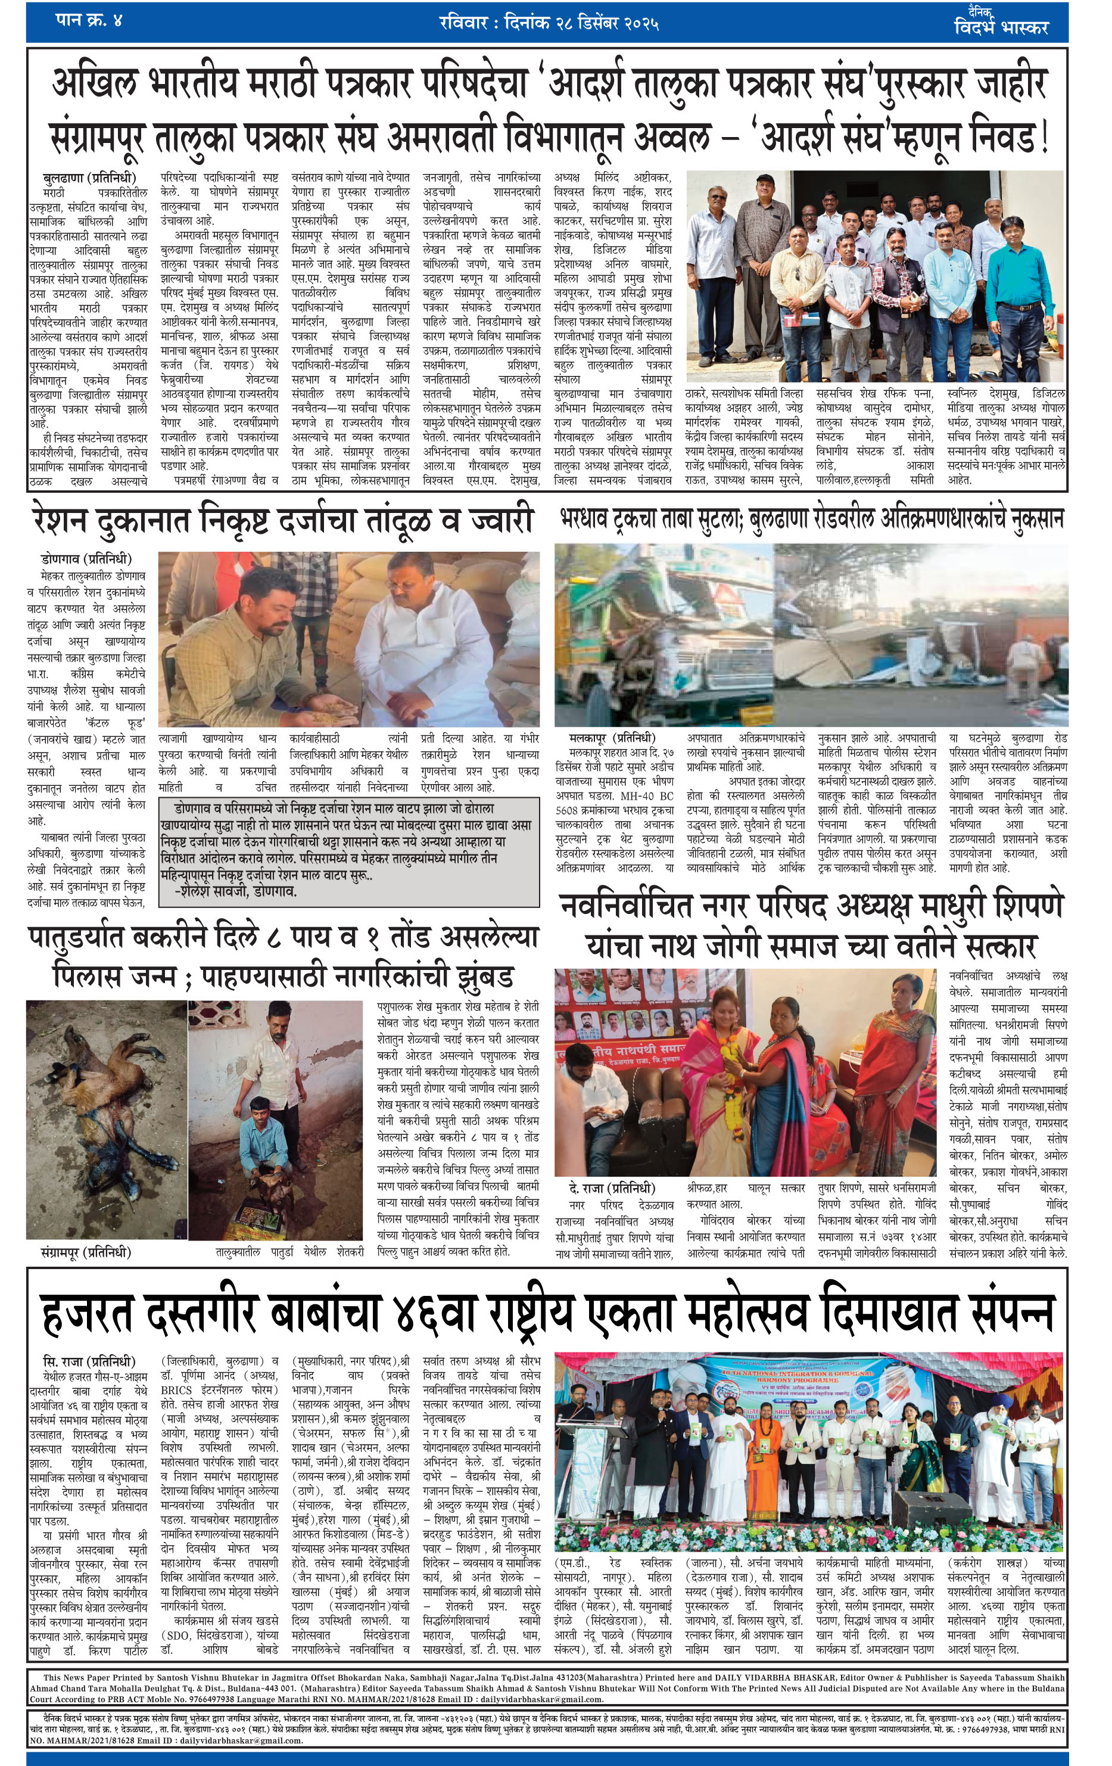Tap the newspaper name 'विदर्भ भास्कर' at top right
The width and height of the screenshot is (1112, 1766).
(x=1001, y=28)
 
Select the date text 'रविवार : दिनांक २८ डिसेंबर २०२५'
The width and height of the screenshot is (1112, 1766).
(x=549, y=23)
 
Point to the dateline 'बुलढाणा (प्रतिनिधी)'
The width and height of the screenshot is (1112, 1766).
(x=88, y=178)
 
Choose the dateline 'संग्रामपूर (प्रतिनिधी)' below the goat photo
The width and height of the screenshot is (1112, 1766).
(x=86, y=1252)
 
